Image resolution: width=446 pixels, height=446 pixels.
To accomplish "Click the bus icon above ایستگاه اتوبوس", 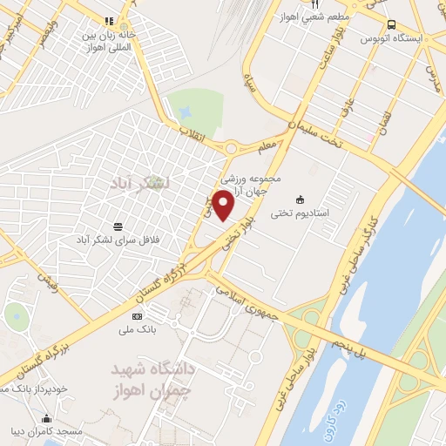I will [x=390, y=24].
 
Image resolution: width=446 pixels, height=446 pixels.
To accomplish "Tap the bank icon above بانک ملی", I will [x=137, y=315].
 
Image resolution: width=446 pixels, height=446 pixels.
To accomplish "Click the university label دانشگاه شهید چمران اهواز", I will [x=152, y=378].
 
